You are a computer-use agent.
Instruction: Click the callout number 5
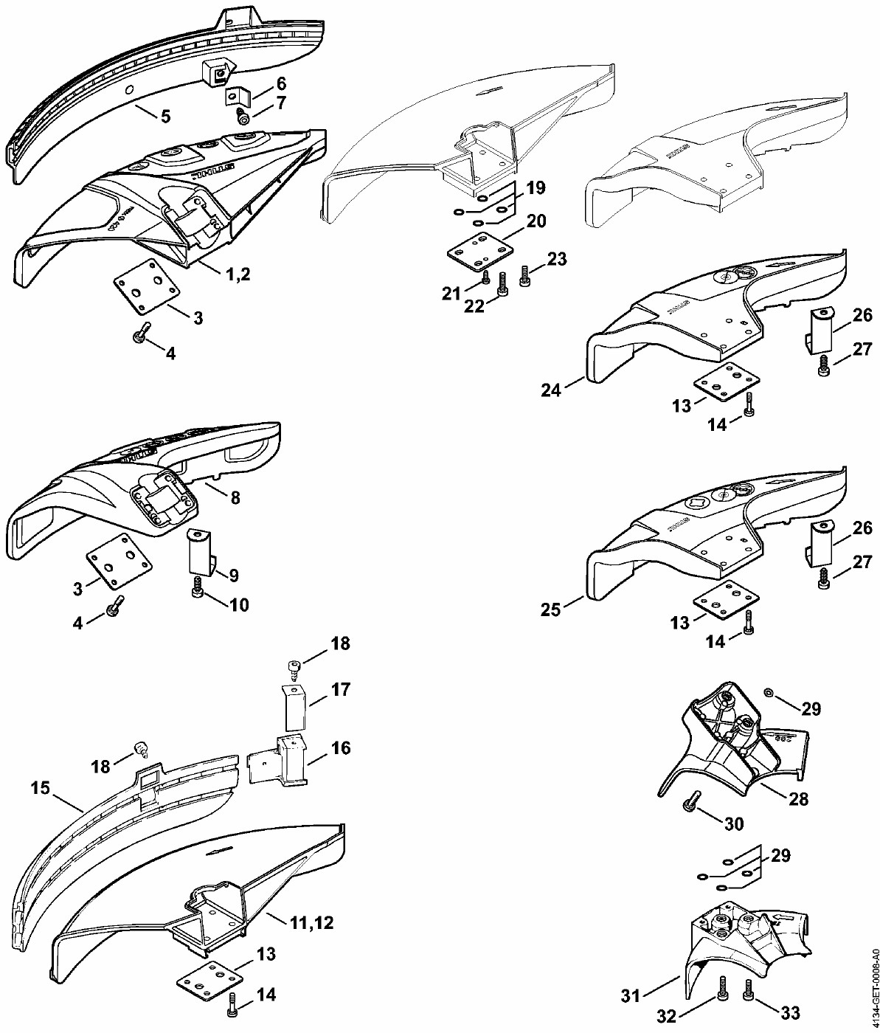pyautogui.click(x=165, y=116)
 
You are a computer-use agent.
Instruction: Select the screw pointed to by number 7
pyautogui.click(x=242, y=117)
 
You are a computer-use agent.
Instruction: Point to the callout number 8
pyautogui.click(x=235, y=497)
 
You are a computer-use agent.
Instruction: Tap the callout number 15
pyautogui.click(x=41, y=788)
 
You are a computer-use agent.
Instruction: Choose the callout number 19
pyautogui.click(x=536, y=187)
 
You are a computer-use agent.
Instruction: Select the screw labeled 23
pyautogui.click(x=525, y=277)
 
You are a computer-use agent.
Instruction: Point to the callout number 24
pyautogui.click(x=551, y=390)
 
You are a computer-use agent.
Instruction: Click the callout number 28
pyautogui.click(x=798, y=798)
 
